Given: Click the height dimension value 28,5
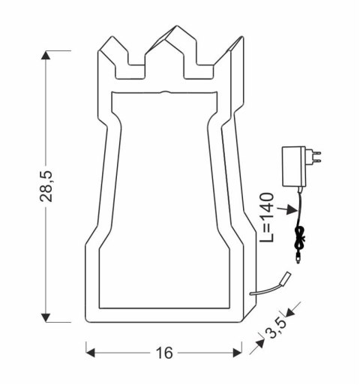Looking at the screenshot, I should pos(47,185).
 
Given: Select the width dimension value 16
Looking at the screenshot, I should pos(163,352).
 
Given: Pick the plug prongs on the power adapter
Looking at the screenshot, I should pos(316,156).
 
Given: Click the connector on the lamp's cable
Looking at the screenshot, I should pos(286,278).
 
